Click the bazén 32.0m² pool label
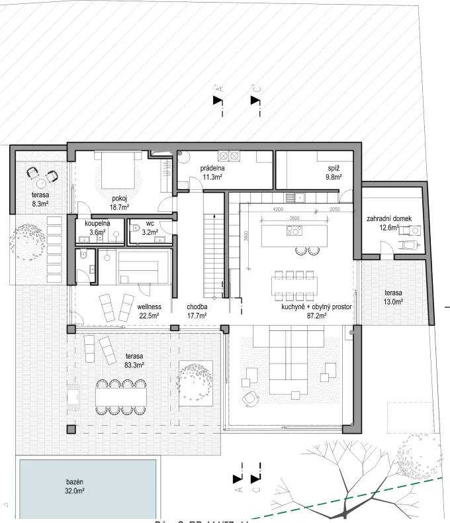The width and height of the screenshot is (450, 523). pyautogui.click(x=73, y=487)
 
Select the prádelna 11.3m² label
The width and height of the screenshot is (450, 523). pyautogui.click(x=212, y=173)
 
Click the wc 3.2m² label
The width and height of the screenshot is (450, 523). pyautogui.click(x=150, y=229)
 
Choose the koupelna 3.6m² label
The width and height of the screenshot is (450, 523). pyautogui.click(x=97, y=228)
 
